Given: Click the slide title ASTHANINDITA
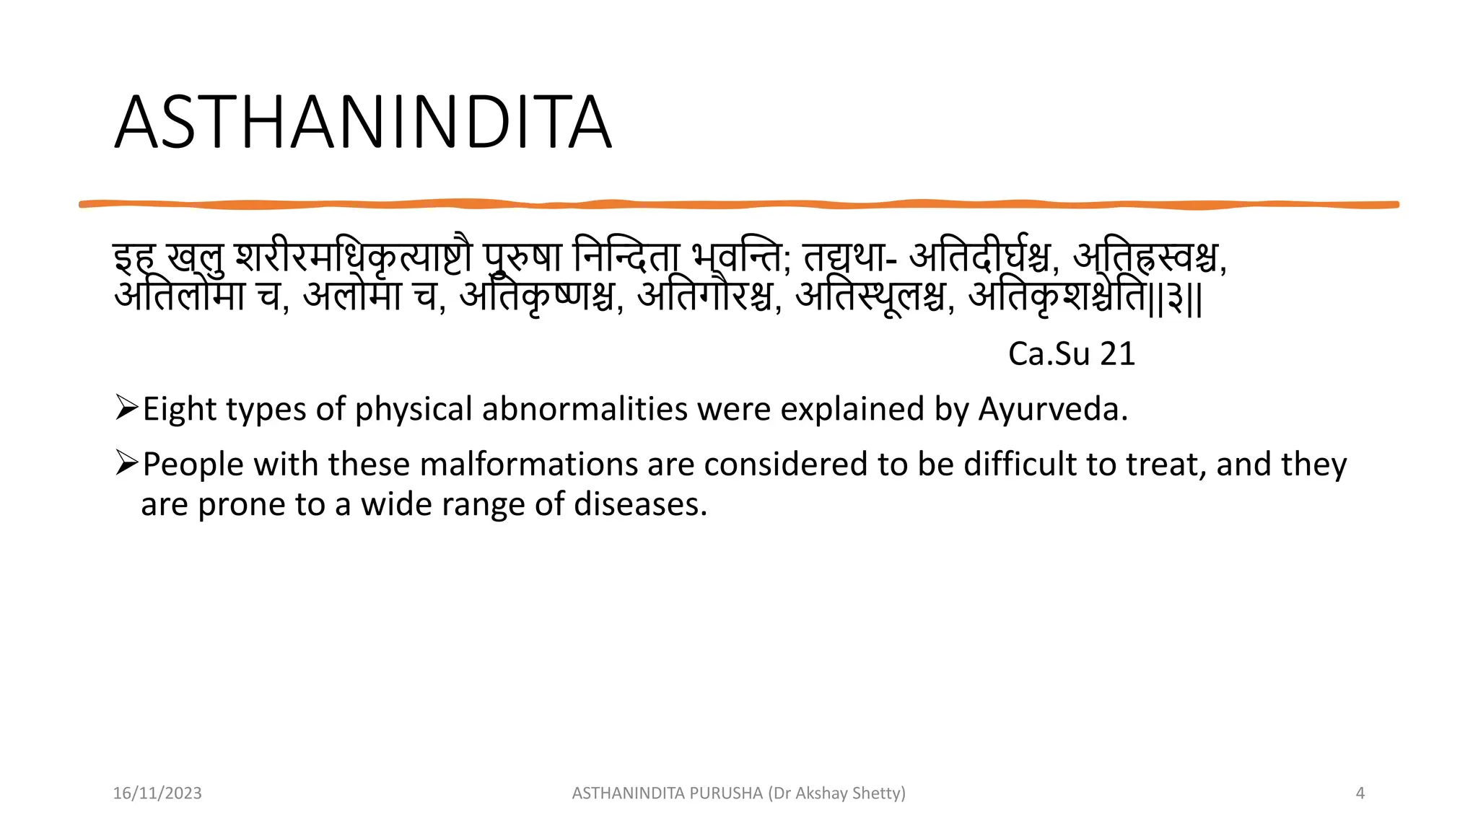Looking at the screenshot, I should point(363,123).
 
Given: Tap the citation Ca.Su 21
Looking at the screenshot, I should point(1071,354).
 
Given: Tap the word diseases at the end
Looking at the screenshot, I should point(639,504).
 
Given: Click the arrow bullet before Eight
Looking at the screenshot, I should point(126,408).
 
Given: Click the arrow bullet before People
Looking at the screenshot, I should point(126,462).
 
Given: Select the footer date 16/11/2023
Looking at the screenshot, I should point(157,793).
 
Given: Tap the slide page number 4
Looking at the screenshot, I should point(1360,793).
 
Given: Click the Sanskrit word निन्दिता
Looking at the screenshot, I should point(626,257).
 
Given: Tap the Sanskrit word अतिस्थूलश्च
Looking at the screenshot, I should point(870,296).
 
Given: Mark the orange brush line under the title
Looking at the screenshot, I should point(738,205).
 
